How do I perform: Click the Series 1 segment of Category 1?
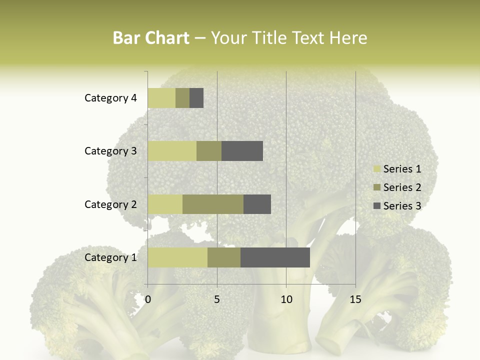point(177,257)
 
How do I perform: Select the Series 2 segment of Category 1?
point(224,257)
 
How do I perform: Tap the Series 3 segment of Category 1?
point(275,257)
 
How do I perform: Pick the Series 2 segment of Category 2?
point(213,204)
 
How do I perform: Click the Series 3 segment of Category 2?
point(257,204)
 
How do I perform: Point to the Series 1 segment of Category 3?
point(172,151)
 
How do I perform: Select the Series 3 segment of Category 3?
point(242,151)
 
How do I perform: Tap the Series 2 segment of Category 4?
point(182,98)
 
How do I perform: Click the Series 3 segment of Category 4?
point(196,98)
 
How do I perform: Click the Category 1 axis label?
point(110,257)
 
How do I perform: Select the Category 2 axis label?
point(110,204)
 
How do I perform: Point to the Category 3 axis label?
point(110,151)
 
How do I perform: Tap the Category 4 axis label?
point(110,98)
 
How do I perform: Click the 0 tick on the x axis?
point(148,299)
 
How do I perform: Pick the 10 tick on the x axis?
point(286,299)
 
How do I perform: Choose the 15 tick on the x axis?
point(355,299)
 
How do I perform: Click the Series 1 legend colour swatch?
point(376,169)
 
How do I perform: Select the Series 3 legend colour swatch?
point(376,206)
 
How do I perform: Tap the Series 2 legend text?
point(402,187)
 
